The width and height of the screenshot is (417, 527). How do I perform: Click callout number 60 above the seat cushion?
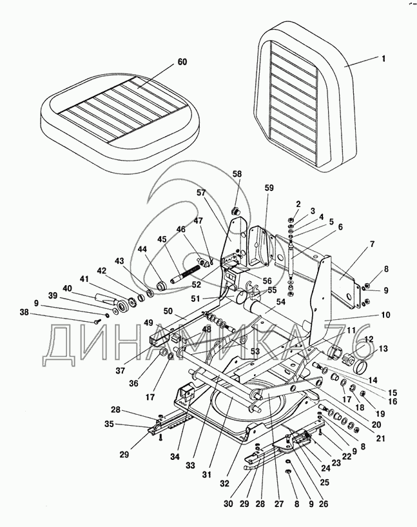(182, 63)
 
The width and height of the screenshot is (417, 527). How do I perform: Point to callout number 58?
(237, 174)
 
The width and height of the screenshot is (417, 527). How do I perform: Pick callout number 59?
(269, 188)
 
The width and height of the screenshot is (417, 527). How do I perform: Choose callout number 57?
(201, 193)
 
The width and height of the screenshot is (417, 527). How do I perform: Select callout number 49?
(148, 323)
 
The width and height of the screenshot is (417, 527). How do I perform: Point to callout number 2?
(298, 204)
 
